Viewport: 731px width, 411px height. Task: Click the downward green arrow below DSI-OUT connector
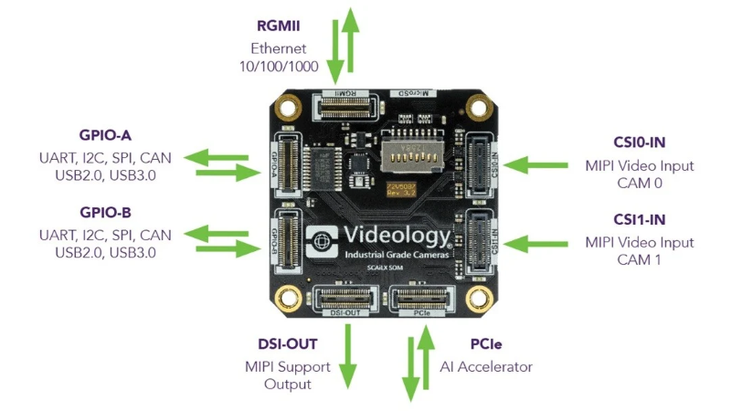tap(348, 352)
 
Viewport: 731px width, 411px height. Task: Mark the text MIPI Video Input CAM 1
tap(639, 251)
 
